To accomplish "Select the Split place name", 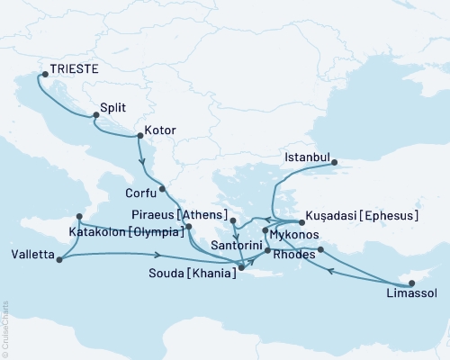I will coord(113,105).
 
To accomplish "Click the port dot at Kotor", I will coord(138,137).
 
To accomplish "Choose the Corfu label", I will coord(140,192).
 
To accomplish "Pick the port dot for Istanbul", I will coord(334,163).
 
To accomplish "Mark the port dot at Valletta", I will coord(58,260).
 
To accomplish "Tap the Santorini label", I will coord(236,246).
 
